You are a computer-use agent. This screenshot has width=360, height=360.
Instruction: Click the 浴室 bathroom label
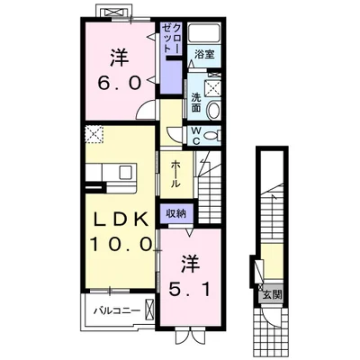pyautogui.click(x=204, y=55)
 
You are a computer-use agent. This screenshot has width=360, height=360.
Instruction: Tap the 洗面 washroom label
pyautogui.click(x=196, y=103)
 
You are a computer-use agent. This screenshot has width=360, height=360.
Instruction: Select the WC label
pyautogui.click(x=196, y=136)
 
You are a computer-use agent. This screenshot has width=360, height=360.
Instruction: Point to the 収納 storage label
pyautogui.click(x=176, y=213)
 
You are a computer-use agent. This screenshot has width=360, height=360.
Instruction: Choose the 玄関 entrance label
pyautogui.click(x=273, y=295)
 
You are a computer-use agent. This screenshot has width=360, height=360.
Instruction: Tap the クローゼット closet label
pyautogui.click(x=172, y=39)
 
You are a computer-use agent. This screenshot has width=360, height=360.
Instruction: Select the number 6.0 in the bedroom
pyautogui.click(x=120, y=82)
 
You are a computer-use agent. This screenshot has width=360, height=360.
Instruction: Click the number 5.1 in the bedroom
pyautogui.click(x=189, y=289)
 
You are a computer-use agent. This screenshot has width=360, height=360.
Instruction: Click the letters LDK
pyautogui.click(x=121, y=220)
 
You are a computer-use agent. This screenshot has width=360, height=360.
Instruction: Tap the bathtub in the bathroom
pyautogui.click(x=204, y=32)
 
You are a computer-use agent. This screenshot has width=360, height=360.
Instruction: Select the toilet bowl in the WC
pyautogui.click(x=212, y=136)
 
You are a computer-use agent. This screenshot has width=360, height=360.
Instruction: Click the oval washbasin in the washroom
pyautogui.click(x=213, y=111)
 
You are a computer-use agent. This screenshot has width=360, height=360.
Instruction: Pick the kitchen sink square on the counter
pyautogui.click(x=125, y=172)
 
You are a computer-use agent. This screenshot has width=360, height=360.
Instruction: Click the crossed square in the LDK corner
pyautogui.click(x=94, y=135)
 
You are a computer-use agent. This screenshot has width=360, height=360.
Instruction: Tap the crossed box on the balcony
pyautogui.click(x=149, y=310)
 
